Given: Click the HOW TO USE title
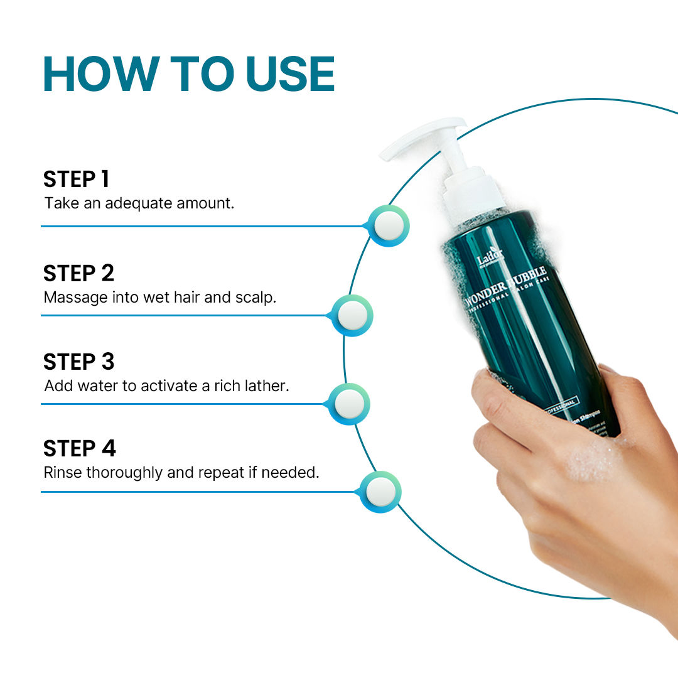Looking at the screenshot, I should click(188, 75).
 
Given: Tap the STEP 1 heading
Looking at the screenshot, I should click(76, 180).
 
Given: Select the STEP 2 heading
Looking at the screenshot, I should click(78, 274).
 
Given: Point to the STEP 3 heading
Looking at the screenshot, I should click(78, 362).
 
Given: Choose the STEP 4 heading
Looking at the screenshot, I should click(79, 449).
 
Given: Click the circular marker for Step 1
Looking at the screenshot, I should click(388, 225).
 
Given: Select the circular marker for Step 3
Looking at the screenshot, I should click(348, 404).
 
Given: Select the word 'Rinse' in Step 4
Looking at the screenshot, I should click(62, 472).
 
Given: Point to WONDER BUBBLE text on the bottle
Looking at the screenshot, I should click(506, 286).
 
